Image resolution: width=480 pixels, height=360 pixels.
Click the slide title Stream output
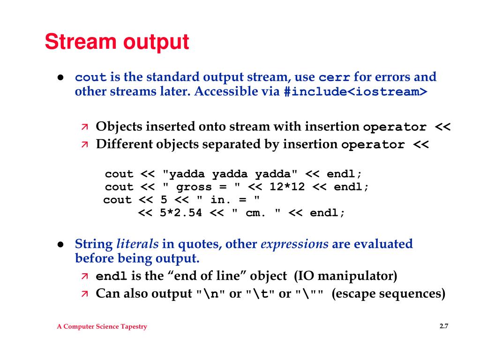pos(117,42)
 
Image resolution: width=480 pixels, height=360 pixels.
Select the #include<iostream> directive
pos(356,92)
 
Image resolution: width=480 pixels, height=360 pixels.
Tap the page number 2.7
pos(444,326)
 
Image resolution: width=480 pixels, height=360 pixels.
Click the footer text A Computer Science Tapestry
pos(102,327)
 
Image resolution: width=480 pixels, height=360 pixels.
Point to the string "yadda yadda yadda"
pos(230,174)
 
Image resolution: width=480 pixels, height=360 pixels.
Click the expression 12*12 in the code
pos(287,187)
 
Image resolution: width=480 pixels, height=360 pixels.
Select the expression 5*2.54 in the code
pos(180,213)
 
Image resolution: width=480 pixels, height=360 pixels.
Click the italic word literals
pos(137,244)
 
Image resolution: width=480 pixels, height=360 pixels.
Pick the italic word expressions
pos(294,244)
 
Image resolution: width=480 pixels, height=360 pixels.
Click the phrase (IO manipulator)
pos(345,276)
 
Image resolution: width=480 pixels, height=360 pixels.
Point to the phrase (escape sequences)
pos(388,294)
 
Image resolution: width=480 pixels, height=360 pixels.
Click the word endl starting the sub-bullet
pos(111,277)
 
